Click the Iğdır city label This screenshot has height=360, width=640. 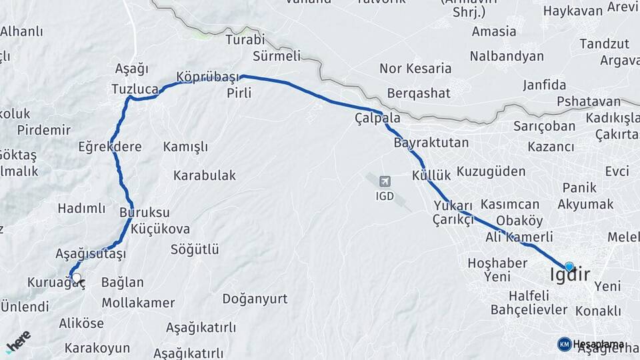click(570, 275)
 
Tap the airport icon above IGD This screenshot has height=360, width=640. click(385, 181)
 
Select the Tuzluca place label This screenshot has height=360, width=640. click(135, 89)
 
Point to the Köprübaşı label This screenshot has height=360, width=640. click(207, 77)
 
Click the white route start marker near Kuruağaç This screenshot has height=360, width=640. click(76, 278)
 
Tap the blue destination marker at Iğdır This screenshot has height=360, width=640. click(569, 266)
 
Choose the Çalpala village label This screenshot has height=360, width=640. click(377, 118)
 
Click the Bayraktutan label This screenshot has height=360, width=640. click(431, 143)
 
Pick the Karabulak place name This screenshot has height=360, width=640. click(205, 175)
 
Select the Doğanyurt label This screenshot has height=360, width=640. click(255, 299)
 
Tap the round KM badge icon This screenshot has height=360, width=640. click(564, 344)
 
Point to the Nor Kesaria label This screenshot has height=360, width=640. click(415, 68)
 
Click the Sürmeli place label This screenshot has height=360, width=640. click(277, 56)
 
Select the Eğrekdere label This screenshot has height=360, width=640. click(110, 147)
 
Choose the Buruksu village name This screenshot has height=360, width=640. click(145, 213)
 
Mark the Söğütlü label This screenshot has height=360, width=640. click(195, 250)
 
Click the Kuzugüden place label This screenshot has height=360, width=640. click(491, 171)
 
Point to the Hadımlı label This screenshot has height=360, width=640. click(81, 209)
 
